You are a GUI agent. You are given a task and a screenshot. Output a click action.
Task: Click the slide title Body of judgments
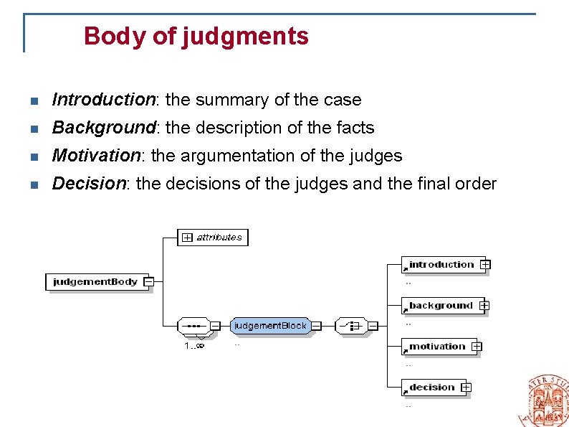[x=196, y=36]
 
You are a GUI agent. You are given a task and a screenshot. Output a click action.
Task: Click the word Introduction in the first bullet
[x=104, y=100]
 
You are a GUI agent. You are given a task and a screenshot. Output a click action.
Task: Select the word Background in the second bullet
[x=104, y=128]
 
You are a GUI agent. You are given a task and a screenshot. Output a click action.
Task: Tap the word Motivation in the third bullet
[x=97, y=156]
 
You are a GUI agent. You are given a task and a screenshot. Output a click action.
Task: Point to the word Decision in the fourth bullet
[x=89, y=184]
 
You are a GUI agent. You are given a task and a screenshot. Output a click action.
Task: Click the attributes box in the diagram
[x=213, y=238]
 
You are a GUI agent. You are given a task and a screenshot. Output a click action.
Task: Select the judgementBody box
[x=95, y=282]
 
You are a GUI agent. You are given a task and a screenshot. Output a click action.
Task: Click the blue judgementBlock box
[x=270, y=326]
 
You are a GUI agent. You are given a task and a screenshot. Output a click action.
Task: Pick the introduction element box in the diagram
[x=441, y=265]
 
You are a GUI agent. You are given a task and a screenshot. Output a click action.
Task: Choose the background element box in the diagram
[x=441, y=306]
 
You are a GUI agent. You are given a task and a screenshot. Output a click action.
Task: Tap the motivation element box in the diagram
[x=437, y=347]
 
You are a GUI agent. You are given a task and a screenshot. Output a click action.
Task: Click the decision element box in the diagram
[x=432, y=388]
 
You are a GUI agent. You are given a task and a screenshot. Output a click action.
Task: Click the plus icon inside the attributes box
[x=188, y=238]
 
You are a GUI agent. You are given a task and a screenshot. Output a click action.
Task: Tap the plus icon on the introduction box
[x=485, y=265]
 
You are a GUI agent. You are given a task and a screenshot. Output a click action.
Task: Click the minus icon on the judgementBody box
[x=148, y=282]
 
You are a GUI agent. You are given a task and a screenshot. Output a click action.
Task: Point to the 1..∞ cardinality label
[x=194, y=345]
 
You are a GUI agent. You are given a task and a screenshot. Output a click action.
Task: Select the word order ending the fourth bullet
[x=475, y=184]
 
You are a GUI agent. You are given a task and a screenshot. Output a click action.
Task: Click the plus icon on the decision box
[x=466, y=388]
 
